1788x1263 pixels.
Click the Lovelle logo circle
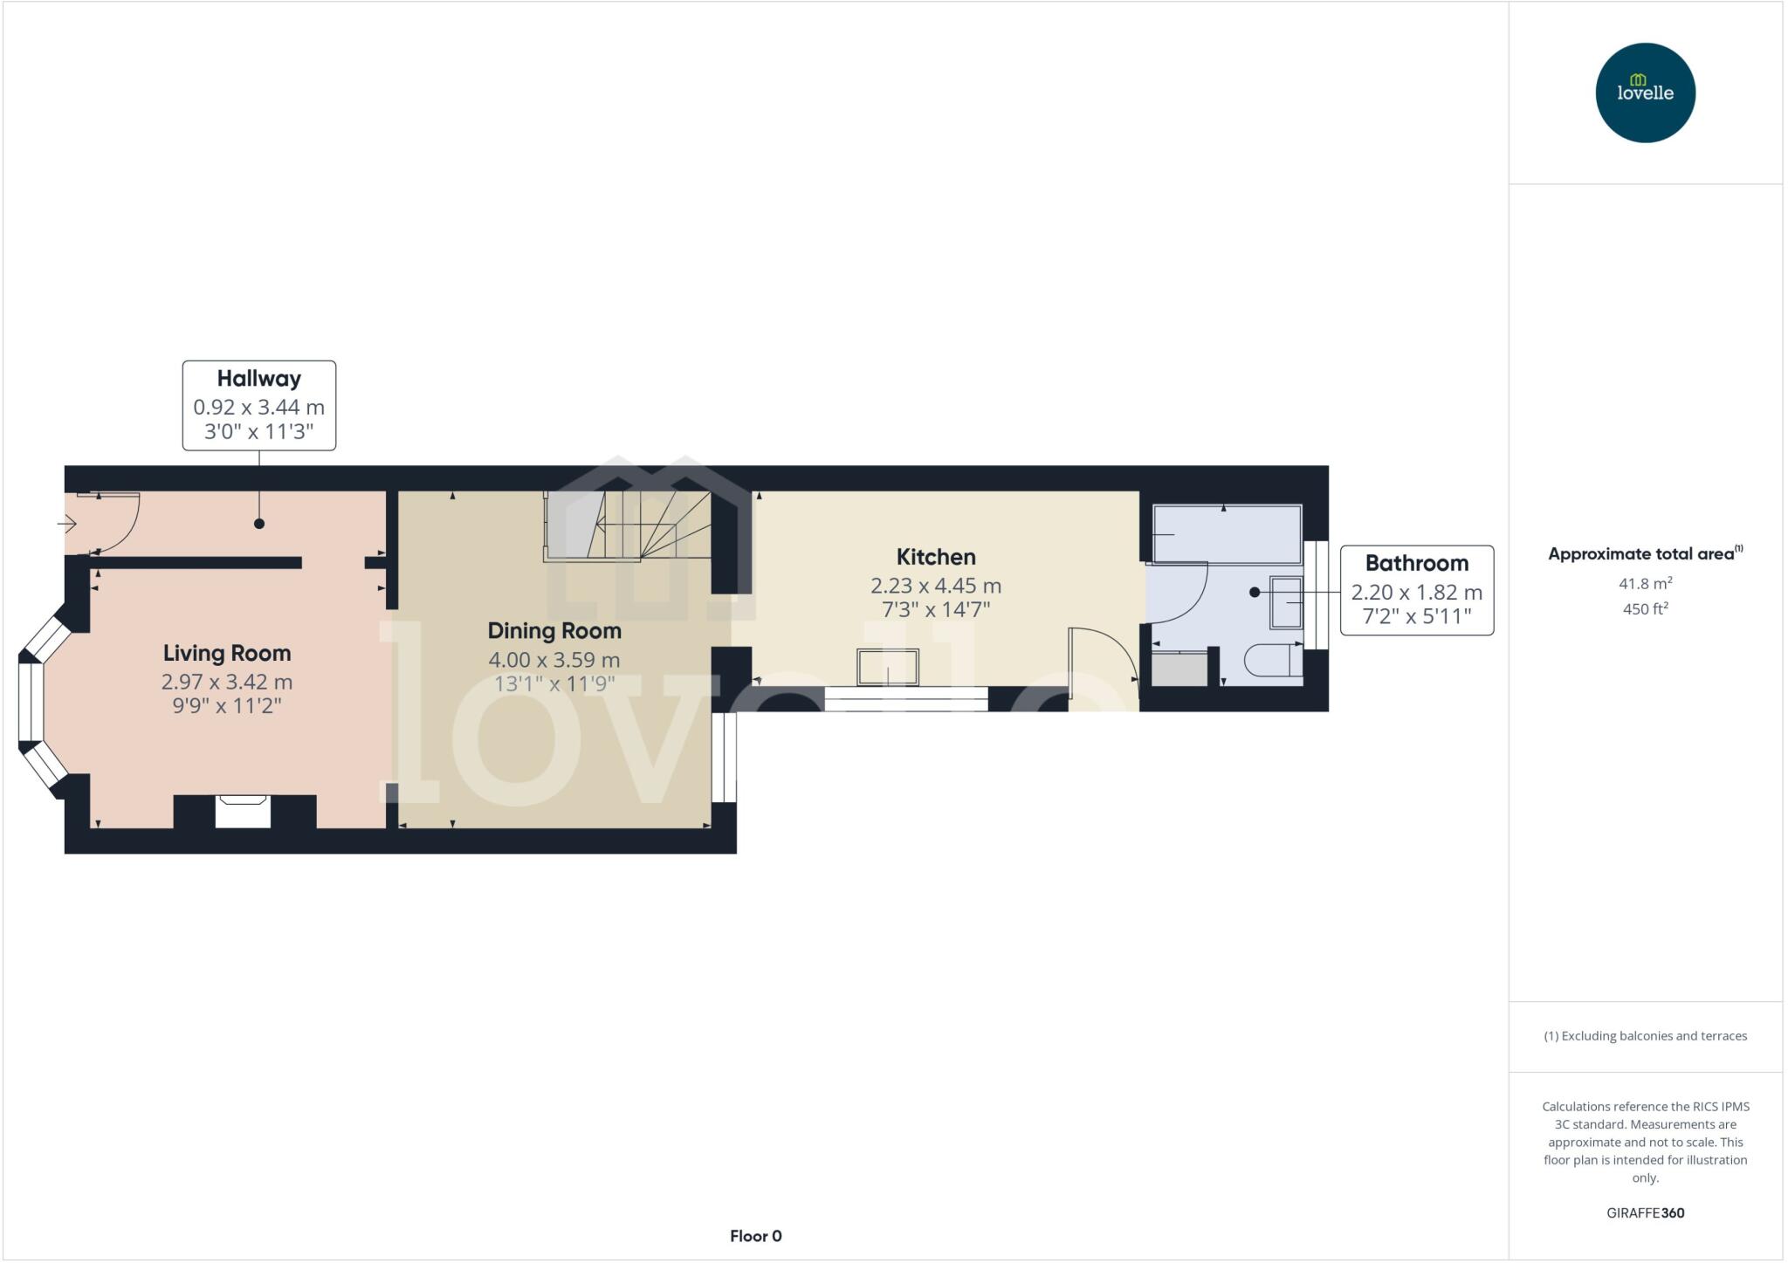pyautogui.click(x=1645, y=93)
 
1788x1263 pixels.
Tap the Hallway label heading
pyautogui.click(x=258, y=379)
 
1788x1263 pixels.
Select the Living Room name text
pyautogui.click(x=227, y=653)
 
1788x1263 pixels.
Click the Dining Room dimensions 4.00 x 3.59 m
pyautogui.click(x=554, y=660)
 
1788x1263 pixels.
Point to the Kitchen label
pyautogui.click(x=936, y=557)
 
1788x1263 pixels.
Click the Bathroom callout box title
pyautogui.click(x=1416, y=563)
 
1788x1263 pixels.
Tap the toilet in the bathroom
pyautogui.click(x=1272, y=661)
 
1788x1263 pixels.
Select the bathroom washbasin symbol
pyautogui.click(x=1286, y=602)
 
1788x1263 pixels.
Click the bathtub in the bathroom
pyautogui.click(x=1227, y=534)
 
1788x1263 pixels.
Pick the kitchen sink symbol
pyautogui.click(x=888, y=668)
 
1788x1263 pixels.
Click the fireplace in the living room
pyautogui.click(x=243, y=811)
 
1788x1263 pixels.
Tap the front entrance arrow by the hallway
pyautogui.click(x=67, y=524)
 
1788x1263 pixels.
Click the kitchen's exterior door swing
pyautogui.click(x=1102, y=659)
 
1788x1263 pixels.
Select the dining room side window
pyautogui.click(x=724, y=757)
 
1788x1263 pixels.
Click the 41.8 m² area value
pyautogui.click(x=1645, y=583)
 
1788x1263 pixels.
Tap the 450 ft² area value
pyautogui.click(x=1645, y=609)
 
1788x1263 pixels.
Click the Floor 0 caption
pyautogui.click(x=755, y=1236)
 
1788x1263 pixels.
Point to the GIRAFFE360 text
pyautogui.click(x=1645, y=1212)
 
